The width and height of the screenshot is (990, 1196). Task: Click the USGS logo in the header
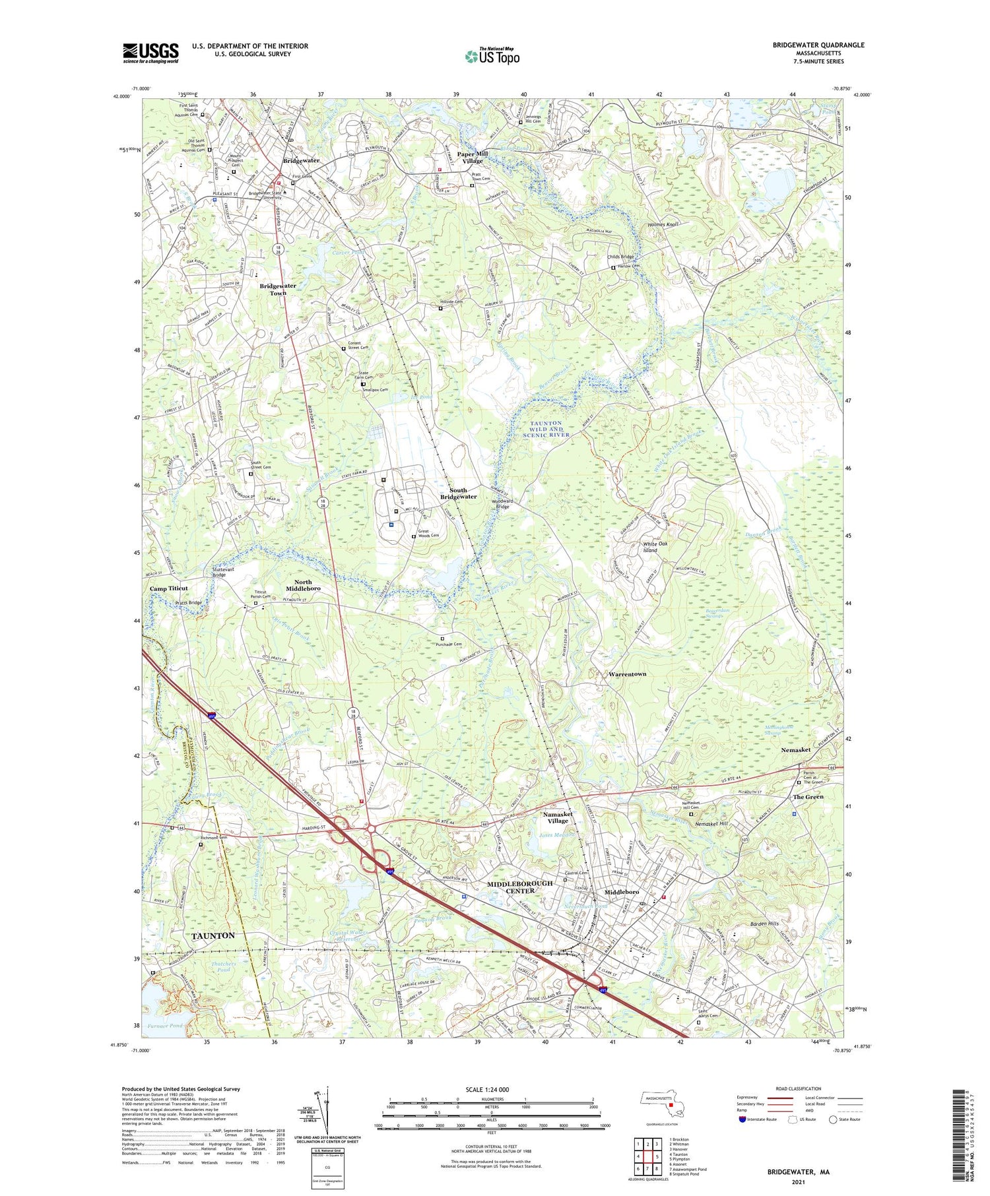tap(150, 53)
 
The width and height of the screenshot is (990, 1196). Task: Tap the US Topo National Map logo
tap(492, 56)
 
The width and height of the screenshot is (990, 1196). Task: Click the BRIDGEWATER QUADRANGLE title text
tap(818, 45)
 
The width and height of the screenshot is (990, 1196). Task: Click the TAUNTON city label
tap(213, 935)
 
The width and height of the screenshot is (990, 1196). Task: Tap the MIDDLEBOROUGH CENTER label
tap(519, 887)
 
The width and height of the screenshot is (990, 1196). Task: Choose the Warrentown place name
tap(627, 674)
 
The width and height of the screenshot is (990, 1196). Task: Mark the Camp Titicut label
tap(168, 588)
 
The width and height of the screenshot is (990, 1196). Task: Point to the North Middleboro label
tap(304, 585)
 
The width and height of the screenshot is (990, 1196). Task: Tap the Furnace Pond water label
tap(164, 1026)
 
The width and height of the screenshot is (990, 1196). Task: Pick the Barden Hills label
tap(765, 924)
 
